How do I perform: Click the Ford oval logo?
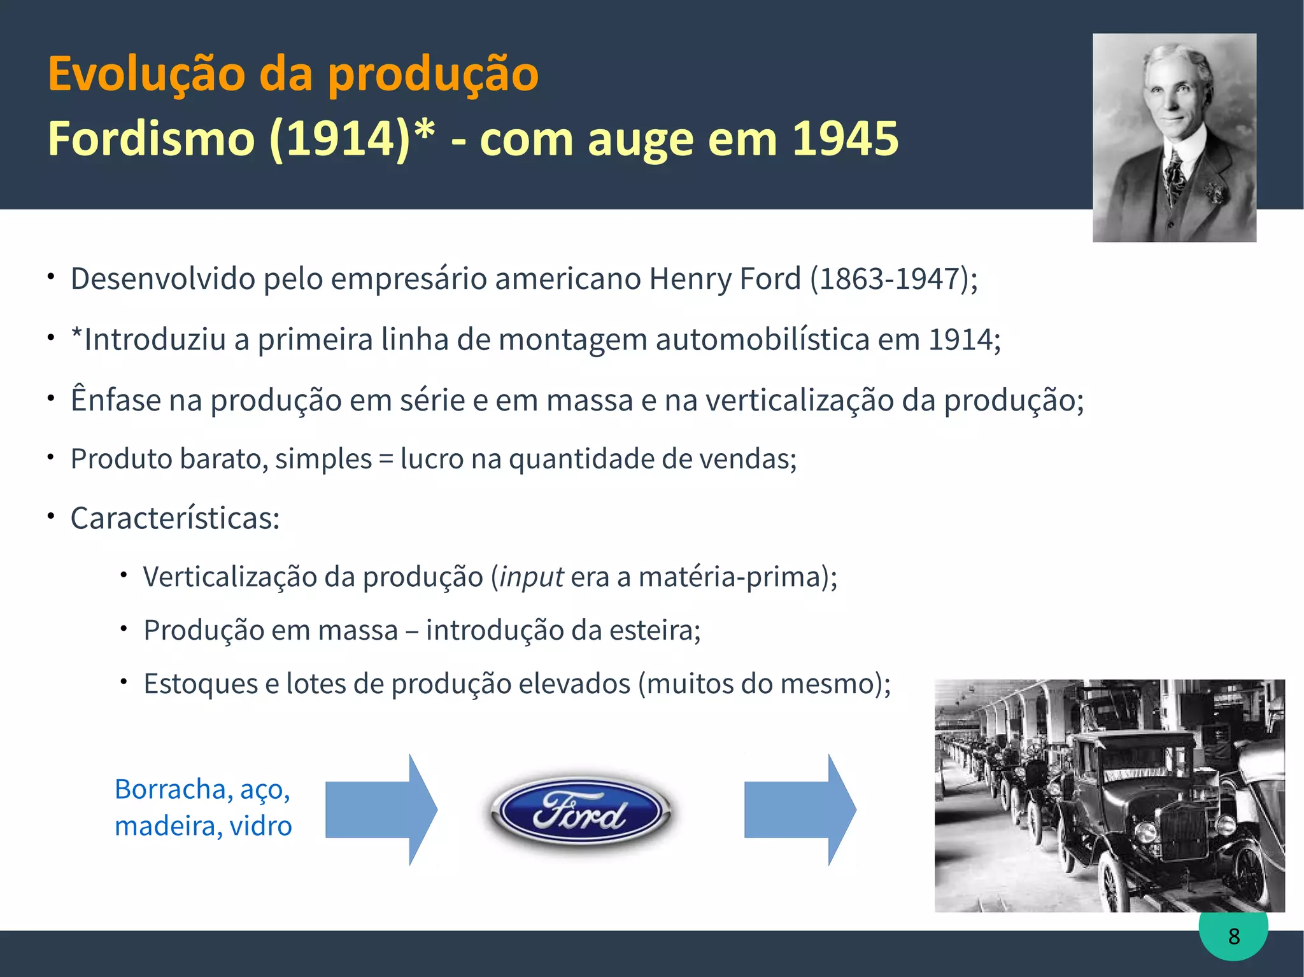579,812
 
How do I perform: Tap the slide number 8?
1234,936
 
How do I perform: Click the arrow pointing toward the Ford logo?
381,810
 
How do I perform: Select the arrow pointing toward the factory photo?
800,810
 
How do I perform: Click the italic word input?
531,577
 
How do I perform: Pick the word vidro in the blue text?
260,826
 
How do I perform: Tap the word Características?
175,518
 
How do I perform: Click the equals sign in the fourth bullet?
386,459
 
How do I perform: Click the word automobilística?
762,339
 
